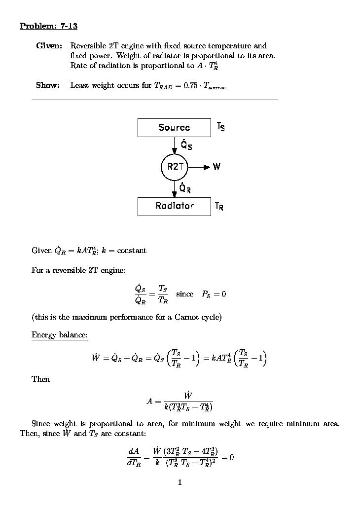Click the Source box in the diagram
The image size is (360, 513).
pyautogui.click(x=174, y=127)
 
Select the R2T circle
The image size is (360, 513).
pyautogui.click(x=175, y=167)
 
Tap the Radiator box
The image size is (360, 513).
pyautogui.click(x=174, y=206)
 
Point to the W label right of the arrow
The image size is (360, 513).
pyautogui.click(x=216, y=167)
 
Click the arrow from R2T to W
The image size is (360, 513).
pyautogui.click(x=199, y=167)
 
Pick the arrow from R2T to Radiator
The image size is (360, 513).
pyautogui.click(x=175, y=188)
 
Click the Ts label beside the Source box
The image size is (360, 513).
pyautogui.click(x=220, y=127)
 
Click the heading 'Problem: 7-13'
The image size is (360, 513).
pyautogui.click(x=48, y=26)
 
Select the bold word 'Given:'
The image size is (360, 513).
pyautogui.click(x=49, y=46)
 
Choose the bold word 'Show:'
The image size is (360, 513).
pyautogui.click(x=48, y=85)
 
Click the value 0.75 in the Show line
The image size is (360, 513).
pyautogui.click(x=191, y=85)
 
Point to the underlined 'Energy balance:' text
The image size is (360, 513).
pyautogui.click(x=59, y=335)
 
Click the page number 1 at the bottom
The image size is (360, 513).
pyautogui.click(x=180, y=482)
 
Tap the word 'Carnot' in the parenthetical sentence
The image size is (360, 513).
pyautogui.click(x=187, y=317)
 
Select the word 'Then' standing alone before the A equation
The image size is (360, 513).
pyautogui.click(x=40, y=379)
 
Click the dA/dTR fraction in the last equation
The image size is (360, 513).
pyautogui.click(x=134, y=457)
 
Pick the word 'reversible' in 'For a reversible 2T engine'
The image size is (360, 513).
pyautogui.click(x=68, y=270)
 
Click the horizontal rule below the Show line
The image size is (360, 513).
pyautogui.click(x=154, y=100)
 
